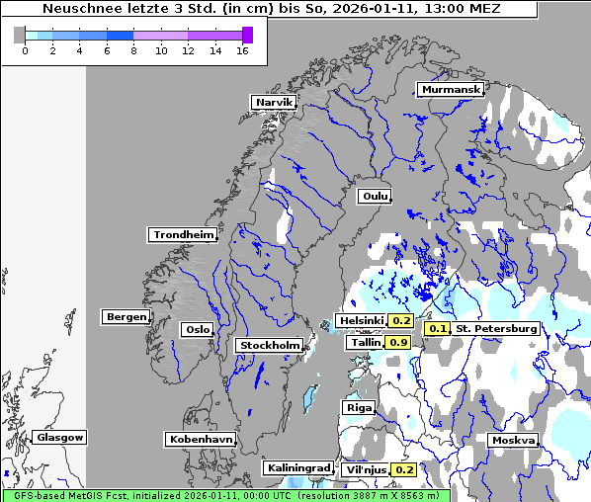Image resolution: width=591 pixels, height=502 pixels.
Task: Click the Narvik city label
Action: click(274, 103)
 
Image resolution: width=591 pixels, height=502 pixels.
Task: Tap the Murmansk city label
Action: click(451, 90)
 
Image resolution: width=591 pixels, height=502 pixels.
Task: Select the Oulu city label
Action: click(375, 197)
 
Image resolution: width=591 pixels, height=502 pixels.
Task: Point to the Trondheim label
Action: click(183, 235)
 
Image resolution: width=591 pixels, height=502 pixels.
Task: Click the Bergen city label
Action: click(125, 317)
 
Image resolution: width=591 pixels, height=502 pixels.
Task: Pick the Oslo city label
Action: click(197, 330)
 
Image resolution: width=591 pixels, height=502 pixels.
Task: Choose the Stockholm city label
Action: click(269, 346)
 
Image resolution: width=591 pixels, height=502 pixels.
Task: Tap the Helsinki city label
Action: click(361, 321)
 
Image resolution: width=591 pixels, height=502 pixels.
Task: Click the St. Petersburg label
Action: click(496, 328)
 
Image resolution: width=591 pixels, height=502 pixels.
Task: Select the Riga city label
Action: click(359, 407)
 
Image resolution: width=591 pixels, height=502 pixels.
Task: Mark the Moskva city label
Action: click(513, 440)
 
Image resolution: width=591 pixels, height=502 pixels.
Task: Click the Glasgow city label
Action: click(59, 437)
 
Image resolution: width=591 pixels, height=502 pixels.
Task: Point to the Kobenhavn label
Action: click(201, 438)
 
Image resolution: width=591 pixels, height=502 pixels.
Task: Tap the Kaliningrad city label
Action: click(297, 467)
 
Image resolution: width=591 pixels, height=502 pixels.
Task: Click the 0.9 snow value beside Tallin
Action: click(398, 343)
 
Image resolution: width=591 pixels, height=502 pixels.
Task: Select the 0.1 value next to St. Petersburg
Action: click(438, 328)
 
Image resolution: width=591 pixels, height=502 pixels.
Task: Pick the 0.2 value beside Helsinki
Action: click(400, 321)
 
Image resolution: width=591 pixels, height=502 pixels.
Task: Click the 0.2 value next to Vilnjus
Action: click(403, 469)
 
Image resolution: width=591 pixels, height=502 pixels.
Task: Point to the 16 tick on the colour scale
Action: click(241, 49)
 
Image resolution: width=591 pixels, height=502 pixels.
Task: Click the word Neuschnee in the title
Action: click(76, 9)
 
